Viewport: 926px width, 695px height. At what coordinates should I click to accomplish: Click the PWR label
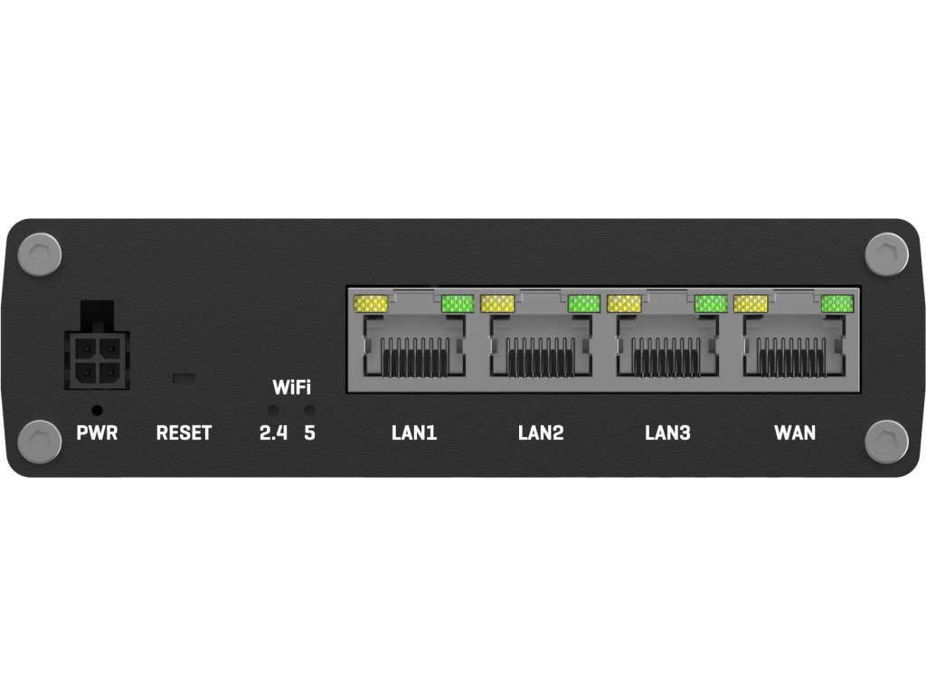[x=97, y=433]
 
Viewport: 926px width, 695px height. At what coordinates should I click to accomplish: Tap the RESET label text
[x=184, y=433]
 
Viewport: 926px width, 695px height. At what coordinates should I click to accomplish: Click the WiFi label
[x=291, y=389]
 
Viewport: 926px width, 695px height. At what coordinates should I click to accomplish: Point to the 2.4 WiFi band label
[x=273, y=433]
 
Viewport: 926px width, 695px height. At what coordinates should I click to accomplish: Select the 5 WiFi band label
[x=310, y=433]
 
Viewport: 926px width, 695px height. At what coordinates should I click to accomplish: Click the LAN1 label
[x=414, y=433]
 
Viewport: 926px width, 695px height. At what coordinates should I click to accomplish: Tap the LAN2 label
[x=541, y=433]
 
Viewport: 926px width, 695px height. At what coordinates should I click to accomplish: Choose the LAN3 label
[x=667, y=433]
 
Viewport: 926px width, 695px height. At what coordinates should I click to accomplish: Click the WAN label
[x=795, y=433]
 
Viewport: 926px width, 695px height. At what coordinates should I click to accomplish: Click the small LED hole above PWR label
[x=97, y=410]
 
